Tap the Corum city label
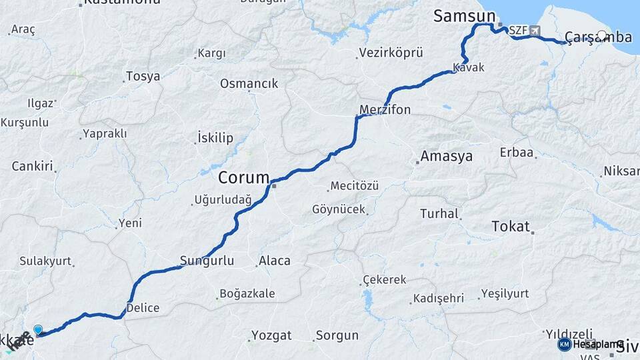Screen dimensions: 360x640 coord(243,178)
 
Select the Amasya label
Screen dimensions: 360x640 coord(447,157)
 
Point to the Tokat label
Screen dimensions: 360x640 coord(510,226)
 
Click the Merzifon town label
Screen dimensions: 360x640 coord(385,109)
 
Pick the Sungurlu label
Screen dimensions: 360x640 coord(207,261)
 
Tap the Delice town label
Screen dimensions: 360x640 coord(143,308)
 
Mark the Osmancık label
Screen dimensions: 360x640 coord(249,84)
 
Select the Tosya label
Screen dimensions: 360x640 coord(143,77)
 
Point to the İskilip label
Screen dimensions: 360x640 coord(215,139)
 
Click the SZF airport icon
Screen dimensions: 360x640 coord(533,31)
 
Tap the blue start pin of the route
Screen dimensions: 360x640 coord(38,330)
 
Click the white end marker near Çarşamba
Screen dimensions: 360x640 coord(603,35)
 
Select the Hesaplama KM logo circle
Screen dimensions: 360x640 coord(564,344)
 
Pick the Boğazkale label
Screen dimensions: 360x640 coord(249,294)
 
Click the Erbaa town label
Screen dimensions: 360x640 coord(517,153)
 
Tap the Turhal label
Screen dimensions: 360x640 coord(439,214)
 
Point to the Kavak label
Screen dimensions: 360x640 coord(468,67)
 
